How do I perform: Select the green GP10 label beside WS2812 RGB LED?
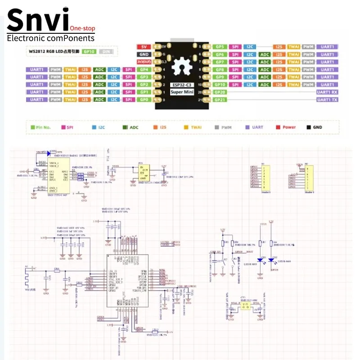[90, 52]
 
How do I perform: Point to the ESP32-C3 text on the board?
[182, 85]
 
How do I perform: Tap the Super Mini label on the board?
[182, 92]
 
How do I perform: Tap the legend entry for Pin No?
[41, 127]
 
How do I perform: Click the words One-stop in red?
[82, 28]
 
